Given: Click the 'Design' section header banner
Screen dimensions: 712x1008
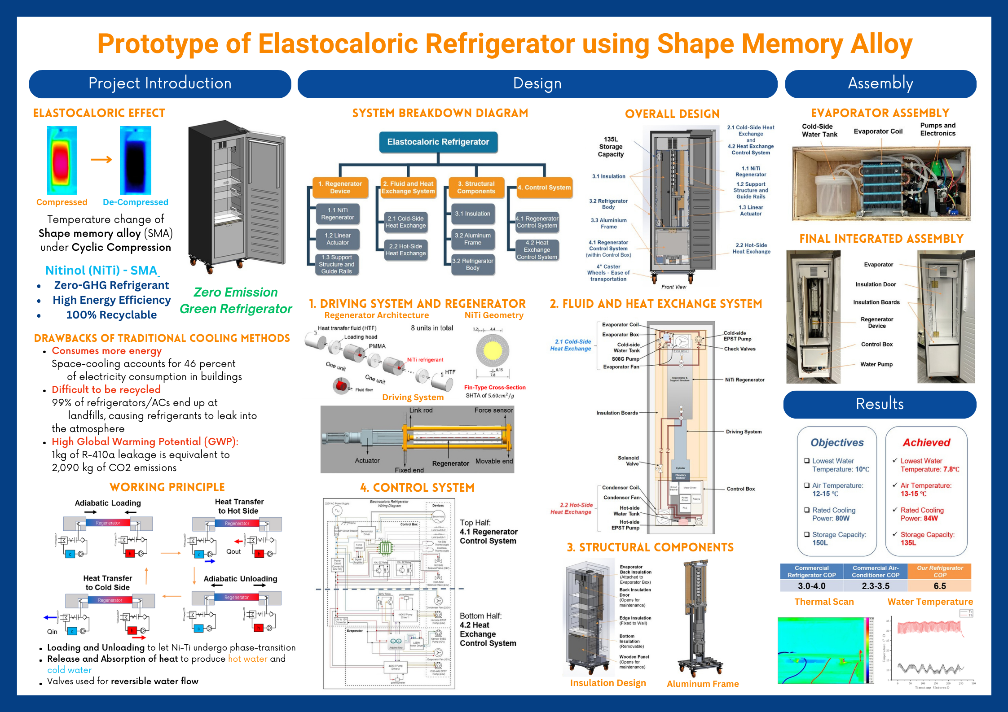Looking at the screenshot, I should [537, 84].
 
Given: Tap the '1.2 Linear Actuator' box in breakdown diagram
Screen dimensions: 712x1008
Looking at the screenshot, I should [338, 239].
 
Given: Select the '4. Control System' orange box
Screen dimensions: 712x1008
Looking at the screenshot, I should [544, 188].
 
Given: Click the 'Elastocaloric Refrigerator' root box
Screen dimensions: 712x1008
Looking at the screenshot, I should [438, 142].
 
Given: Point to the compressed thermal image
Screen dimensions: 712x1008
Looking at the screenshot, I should [62, 160].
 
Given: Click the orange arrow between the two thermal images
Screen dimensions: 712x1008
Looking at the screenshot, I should [101, 160].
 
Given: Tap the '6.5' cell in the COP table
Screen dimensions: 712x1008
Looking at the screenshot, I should [939, 586].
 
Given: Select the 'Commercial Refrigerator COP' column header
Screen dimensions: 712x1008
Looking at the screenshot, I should [811, 572].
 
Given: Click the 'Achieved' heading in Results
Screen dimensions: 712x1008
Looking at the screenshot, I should [926, 443].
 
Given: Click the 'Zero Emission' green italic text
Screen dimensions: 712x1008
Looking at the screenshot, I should [235, 293].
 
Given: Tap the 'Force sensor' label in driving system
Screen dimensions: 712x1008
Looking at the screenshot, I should [493, 411].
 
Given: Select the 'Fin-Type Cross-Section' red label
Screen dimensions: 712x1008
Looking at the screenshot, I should [495, 388].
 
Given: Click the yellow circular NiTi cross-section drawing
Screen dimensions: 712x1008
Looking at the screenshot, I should [493, 351].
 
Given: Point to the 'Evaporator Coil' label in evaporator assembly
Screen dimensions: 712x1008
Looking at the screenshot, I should [878, 131].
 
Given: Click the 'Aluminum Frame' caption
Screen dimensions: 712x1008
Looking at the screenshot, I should [703, 684].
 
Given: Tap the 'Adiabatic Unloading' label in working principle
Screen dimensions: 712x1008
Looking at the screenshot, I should [240, 579].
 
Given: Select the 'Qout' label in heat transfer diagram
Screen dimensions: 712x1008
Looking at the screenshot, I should [233, 552].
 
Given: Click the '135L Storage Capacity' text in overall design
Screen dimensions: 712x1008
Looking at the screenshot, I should [611, 147].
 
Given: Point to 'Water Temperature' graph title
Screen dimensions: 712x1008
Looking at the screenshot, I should [930, 602].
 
